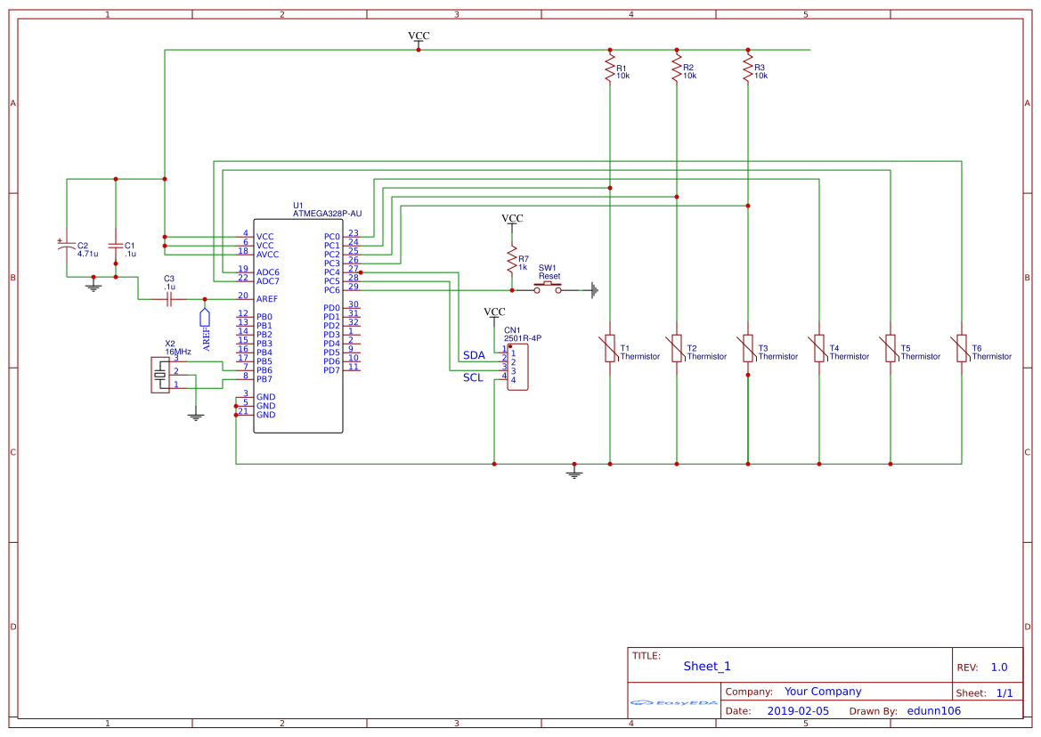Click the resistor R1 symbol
click(610, 69)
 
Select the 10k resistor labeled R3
click(748, 69)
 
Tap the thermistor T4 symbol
click(819, 348)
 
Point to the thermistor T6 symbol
click(962, 348)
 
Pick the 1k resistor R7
click(512, 261)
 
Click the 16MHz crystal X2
click(160, 375)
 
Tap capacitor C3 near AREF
click(169, 299)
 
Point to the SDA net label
click(474, 355)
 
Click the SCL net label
click(473, 377)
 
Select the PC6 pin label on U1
click(332, 290)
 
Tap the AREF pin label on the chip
click(267, 299)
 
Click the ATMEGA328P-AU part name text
click(327, 214)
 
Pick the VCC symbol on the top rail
click(419, 38)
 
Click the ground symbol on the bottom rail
click(574, 472)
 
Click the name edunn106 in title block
click(933, 711)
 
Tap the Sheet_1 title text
click(707, 666)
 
